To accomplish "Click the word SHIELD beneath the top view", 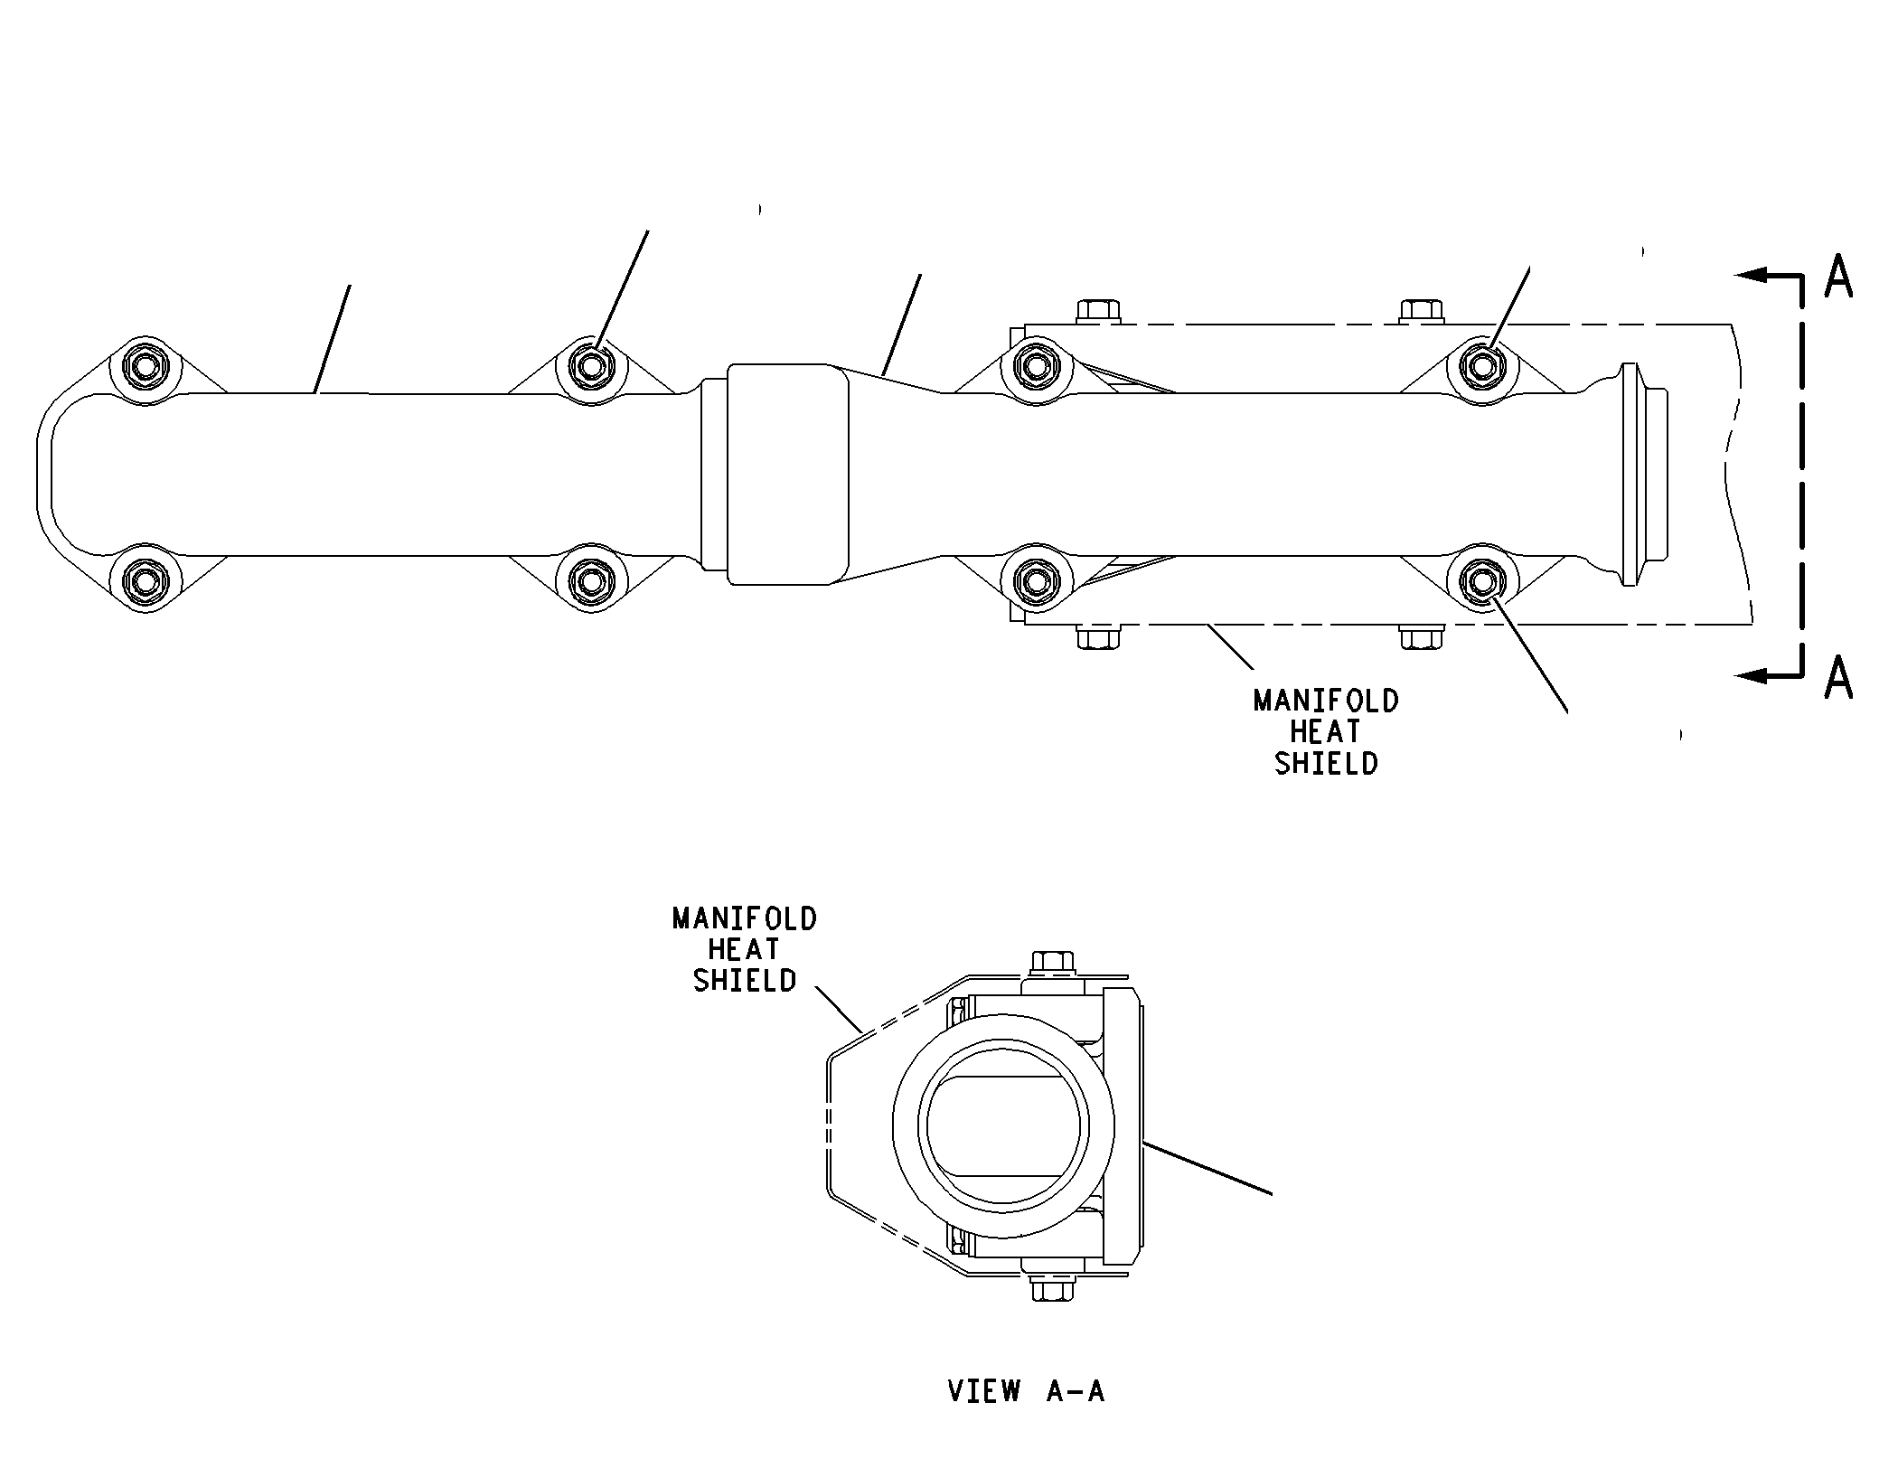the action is click(x=1326, y=764).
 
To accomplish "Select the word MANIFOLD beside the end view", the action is click(x=745, y=919).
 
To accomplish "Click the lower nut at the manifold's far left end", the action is click(x=146, y=579).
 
